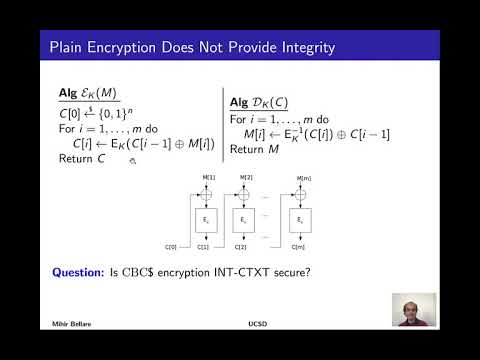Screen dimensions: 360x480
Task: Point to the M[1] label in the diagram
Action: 208,177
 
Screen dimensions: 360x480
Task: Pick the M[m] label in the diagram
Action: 303,178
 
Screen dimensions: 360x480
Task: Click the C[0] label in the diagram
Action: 172,245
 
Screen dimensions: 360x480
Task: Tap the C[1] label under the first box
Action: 205,245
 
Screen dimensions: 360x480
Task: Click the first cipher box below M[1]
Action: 204,218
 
